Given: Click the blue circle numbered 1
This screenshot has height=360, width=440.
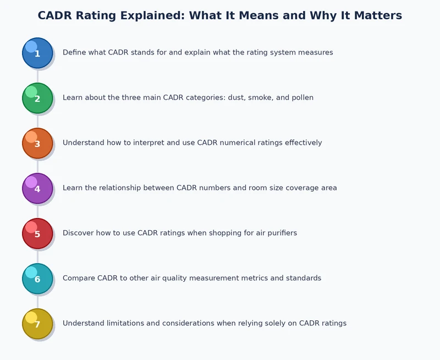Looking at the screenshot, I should click(x=37, y=53).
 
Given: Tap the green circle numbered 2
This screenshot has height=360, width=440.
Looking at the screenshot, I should click(x=37, y=98).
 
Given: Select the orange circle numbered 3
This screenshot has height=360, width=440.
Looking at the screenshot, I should click(x=37, y=143).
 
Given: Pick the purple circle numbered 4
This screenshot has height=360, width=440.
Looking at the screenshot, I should click(x=37, y=188).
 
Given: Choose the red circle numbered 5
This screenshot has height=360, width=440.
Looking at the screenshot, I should click(x=37, y=233).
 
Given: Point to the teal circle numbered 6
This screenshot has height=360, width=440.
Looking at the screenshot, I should click(x=37, y=279).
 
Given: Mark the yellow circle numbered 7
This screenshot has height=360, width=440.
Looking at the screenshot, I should click(x=37, y=324).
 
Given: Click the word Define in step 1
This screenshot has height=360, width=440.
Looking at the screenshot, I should click(x=74, y=53).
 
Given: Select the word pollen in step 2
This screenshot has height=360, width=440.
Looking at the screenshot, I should click(x=301, y=98).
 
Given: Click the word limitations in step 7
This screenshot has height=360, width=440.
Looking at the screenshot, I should click(x=123, y=324).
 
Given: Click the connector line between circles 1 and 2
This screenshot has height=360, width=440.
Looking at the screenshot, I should click(x=37, y=75).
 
